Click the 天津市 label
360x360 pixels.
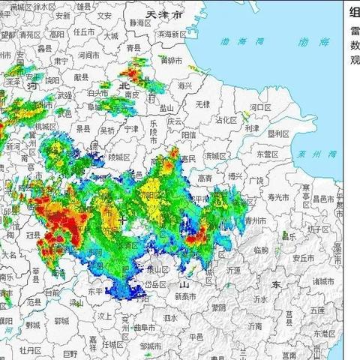point(166,14)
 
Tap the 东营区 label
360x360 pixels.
point(266,154)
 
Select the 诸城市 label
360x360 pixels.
point(326,281)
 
